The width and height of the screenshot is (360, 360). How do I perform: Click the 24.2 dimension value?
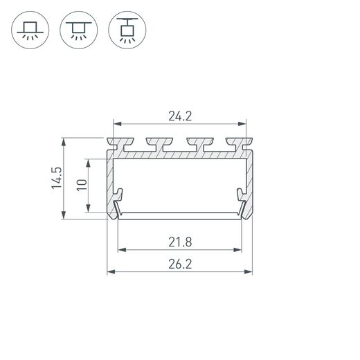(179, 116)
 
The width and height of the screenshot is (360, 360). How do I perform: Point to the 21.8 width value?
(179, 241)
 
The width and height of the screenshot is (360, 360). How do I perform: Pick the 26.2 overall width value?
(179, 264)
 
